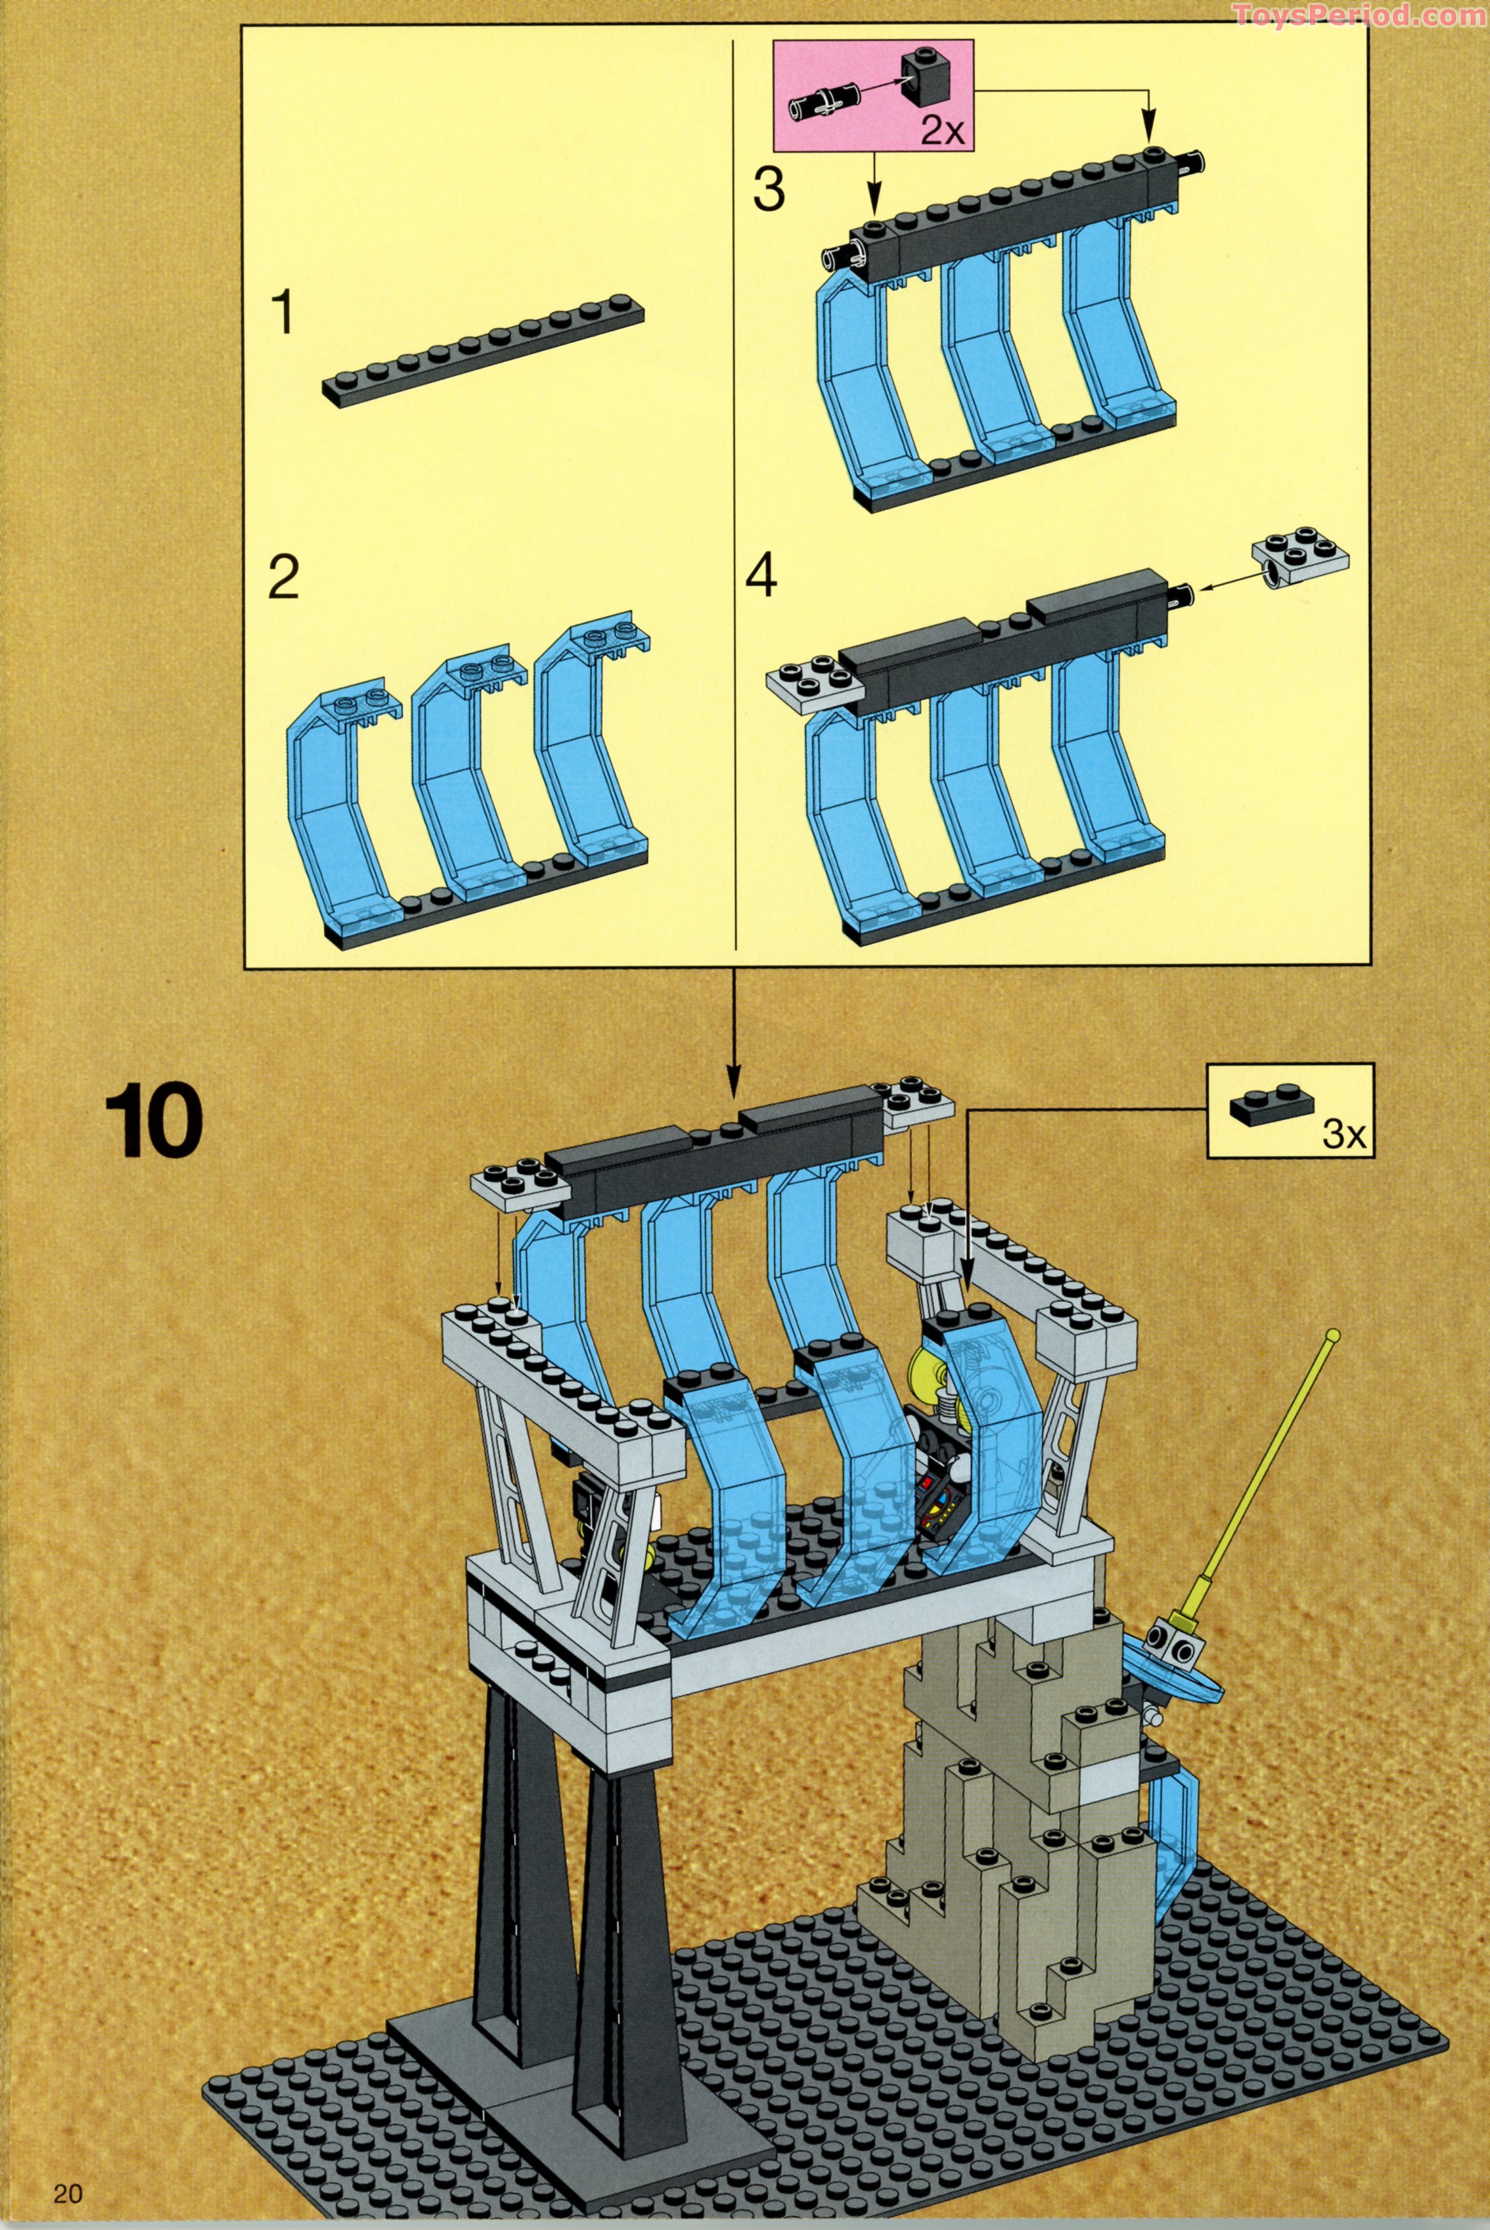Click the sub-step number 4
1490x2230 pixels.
tap(761, 577)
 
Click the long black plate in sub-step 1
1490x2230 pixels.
tap(483, 352)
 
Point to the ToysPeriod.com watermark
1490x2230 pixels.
tap(1359, 14)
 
